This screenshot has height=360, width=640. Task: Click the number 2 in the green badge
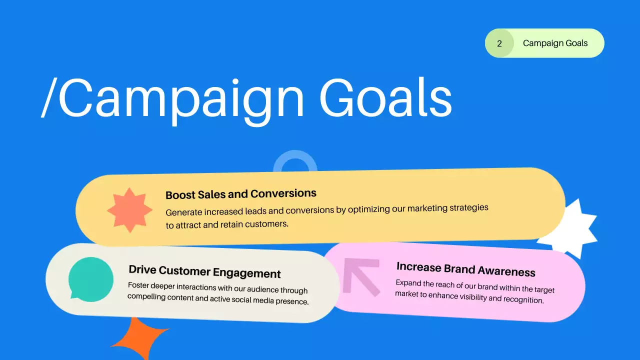click(499, 43)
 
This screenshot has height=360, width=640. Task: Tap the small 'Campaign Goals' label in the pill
click(555, 43)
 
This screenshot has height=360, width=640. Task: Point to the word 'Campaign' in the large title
click(181, 97)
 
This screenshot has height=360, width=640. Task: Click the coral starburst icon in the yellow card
click(130, 210)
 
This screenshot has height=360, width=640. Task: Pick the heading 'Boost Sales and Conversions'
click(241, 193)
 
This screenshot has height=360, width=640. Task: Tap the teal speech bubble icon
click(90, 279)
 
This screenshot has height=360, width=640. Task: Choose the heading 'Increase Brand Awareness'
click(466, 269)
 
